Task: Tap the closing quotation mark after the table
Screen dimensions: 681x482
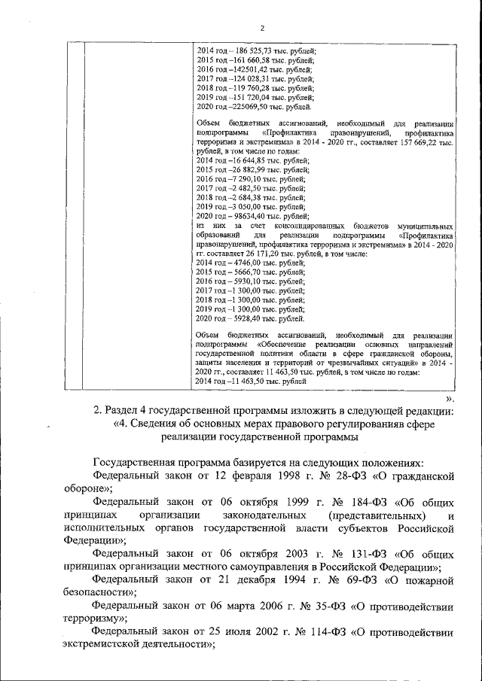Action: point(450,396)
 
